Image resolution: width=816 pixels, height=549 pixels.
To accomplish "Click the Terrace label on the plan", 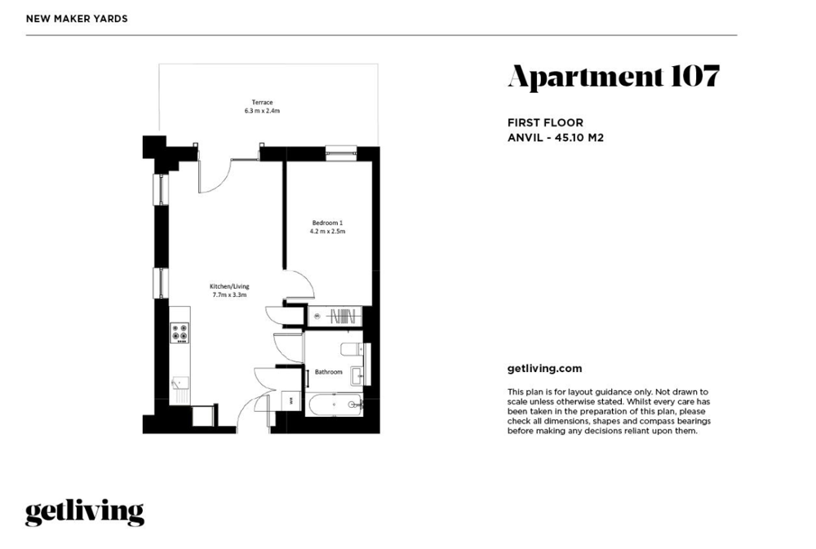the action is point(262,103).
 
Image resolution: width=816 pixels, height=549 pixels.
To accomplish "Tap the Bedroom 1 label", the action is point(327,223).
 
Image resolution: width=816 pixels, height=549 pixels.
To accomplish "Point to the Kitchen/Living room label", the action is point(229,286).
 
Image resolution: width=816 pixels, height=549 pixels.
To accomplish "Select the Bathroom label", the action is point(328,372).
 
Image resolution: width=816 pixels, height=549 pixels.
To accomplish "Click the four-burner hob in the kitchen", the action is point(180,333).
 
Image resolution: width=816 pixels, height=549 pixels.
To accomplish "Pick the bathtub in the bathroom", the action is point(334,405).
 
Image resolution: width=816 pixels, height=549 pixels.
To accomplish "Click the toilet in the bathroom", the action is point(353,348).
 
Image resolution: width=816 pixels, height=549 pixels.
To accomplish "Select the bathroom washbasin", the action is point(357,375).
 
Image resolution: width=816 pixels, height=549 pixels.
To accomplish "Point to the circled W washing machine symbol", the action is point(317,316).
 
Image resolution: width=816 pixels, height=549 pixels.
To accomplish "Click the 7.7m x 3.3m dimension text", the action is point(229,295).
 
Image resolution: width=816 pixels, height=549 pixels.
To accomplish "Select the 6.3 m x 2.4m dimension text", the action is point(262,111).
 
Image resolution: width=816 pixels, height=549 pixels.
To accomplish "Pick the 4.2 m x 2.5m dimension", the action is point(327,231).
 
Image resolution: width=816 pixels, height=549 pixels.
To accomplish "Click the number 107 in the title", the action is point(695,76).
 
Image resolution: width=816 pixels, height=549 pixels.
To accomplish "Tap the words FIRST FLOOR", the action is point(545,123).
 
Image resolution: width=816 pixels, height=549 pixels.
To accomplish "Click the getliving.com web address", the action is point(545,369).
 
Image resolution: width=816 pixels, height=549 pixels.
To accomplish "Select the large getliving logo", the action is point(85,512).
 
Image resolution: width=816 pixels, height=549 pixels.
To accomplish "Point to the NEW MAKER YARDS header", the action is point(77,19).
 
